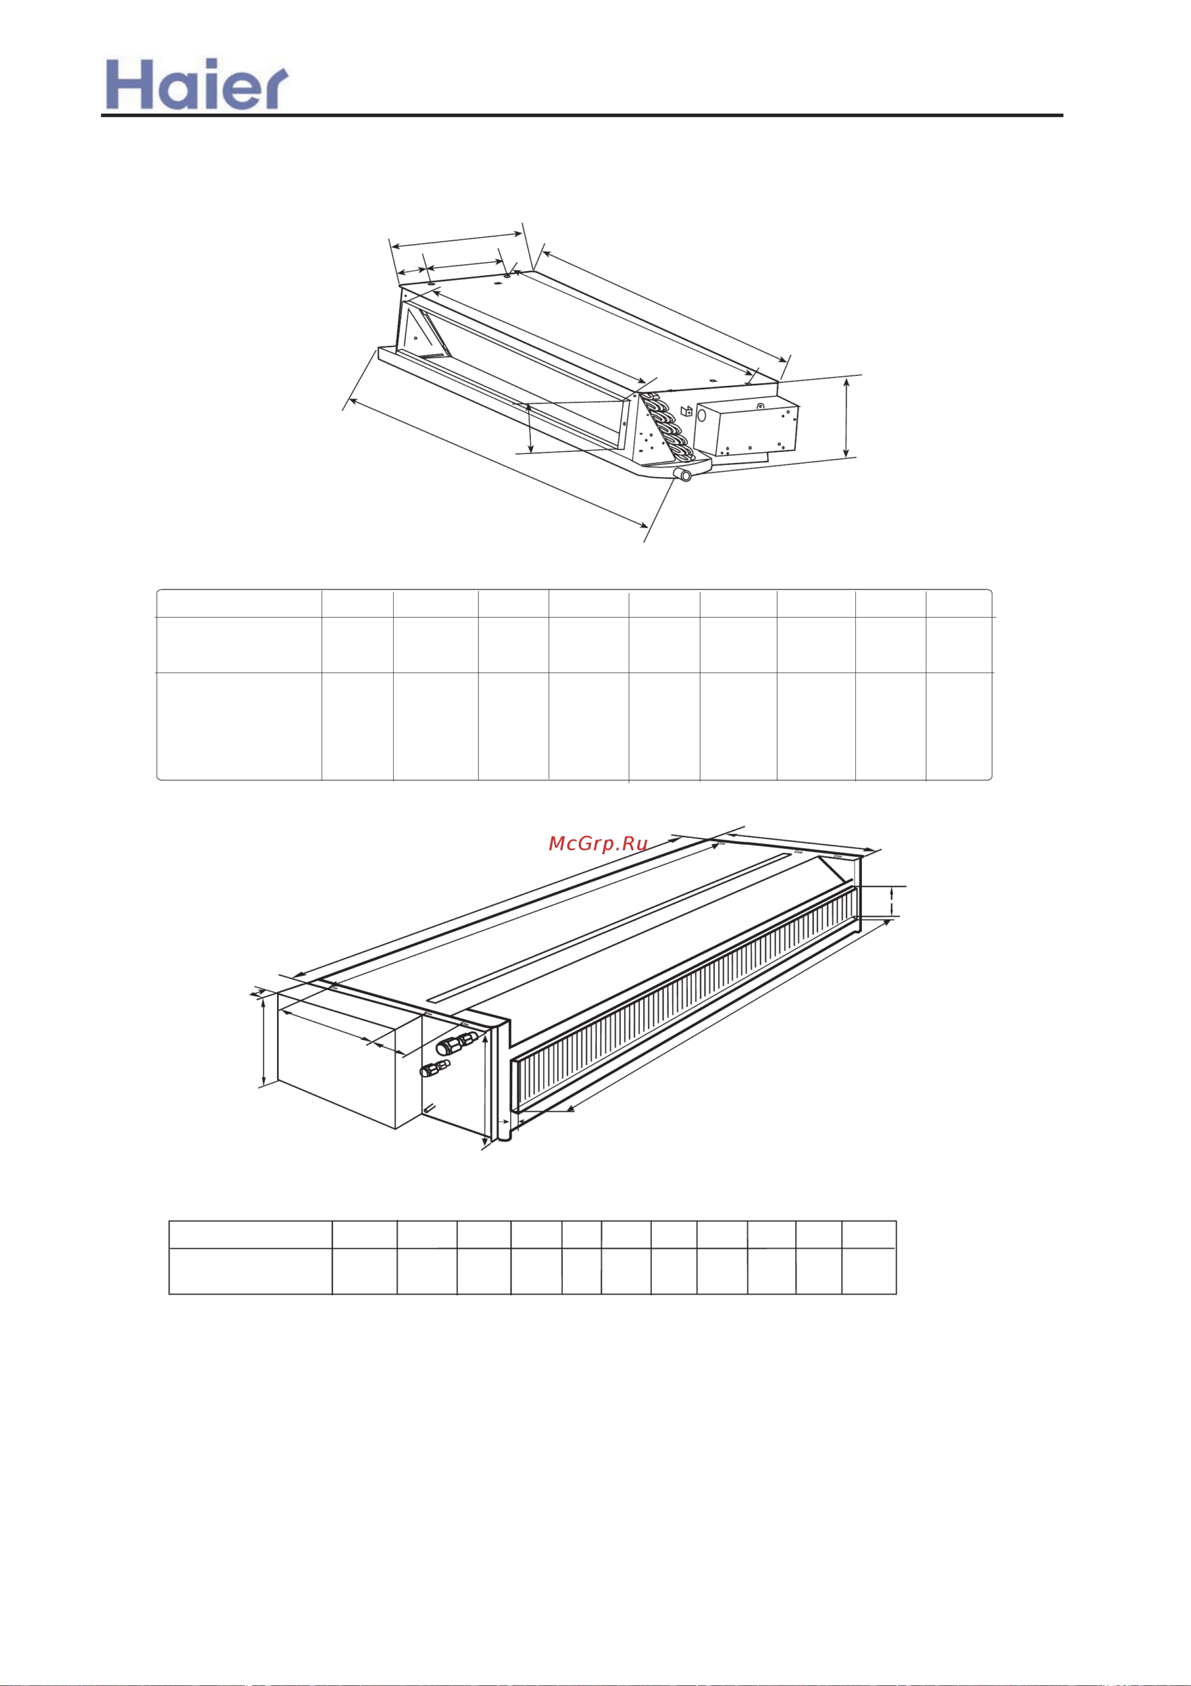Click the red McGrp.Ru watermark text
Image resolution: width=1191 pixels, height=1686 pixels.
point(598,844)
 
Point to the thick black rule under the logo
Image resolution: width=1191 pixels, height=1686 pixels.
point(581,115)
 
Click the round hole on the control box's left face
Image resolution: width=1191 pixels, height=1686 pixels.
point(702,416)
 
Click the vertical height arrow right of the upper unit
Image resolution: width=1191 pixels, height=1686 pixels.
point(847,417)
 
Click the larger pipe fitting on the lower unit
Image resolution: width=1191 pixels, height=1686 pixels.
point(457,1043)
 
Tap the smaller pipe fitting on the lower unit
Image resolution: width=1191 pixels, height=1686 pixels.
point(435,1068)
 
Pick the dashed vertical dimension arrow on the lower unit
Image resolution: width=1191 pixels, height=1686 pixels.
point(891,901)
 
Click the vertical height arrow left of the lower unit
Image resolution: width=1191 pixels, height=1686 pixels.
point(263,1041)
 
